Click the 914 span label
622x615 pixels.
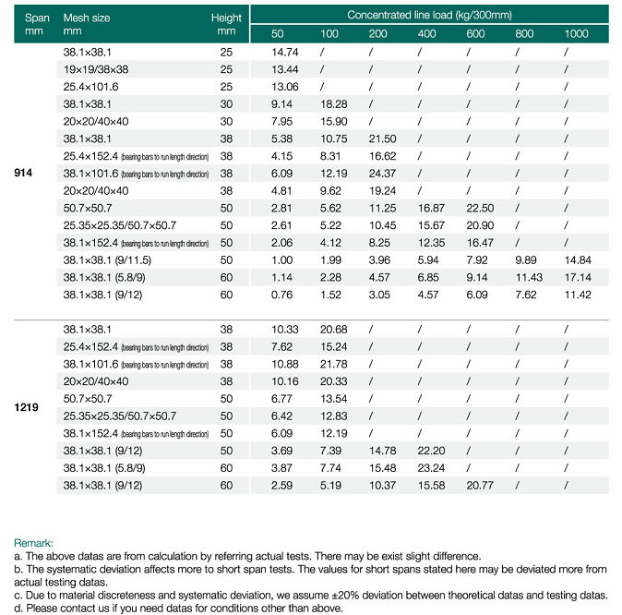pyautogui.click(x=23, y=173)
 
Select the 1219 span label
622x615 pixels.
pyautogui.click(x=26, y=407)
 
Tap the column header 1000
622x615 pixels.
pyautogui.click(x=577, y=34)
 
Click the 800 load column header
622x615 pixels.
pyautogui.click(x=524, y=34)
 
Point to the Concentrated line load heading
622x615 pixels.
pyautogui.click(x=430, y=15)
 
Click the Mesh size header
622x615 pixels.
pyautogui.click(x=87, y=18)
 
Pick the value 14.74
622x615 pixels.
pyautogui.click(x=285, y=52)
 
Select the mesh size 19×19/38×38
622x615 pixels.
pyautogui.click(x=96, y=69)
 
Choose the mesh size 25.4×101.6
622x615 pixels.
pyautogui.click(x=90, y=87)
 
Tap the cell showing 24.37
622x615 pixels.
pyautogui.click(x=382, y=174)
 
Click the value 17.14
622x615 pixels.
pyautogui.click(x=578, y=278)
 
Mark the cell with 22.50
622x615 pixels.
pyautogui.click(x=480, y=208)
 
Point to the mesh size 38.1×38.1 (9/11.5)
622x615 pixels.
pyautogui.click(x=107, y=260)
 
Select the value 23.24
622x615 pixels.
pyautogui.click(x=431, y=468)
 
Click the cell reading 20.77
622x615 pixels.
pyautogui.click(x=480, y=486)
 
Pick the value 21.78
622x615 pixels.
pyautogui.click(x=334, y=364)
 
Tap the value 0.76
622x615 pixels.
pyautogui.click(x=282, y=295)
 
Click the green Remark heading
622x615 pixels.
pyautogui.click(x=33, y=543)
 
